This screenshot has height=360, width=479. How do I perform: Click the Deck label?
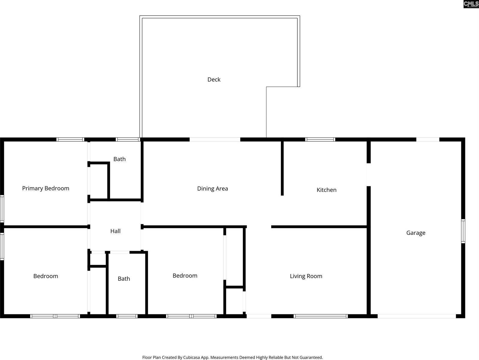214,79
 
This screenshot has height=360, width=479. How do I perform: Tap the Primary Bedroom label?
46,188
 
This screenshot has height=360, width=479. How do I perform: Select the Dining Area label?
213,189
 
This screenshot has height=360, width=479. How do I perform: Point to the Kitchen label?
326,190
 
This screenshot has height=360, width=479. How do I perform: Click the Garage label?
416,233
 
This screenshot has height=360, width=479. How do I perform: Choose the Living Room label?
306,276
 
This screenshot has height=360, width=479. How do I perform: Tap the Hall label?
115,231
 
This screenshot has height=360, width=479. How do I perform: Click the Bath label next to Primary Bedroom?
119,159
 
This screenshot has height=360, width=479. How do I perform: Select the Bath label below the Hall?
124,279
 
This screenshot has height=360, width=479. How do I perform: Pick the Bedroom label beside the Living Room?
185,276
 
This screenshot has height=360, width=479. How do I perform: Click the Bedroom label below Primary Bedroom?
46,276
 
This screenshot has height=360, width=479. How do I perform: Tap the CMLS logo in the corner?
471,4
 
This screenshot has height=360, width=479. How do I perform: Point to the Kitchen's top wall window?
320,139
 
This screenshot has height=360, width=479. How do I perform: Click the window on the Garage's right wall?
463,231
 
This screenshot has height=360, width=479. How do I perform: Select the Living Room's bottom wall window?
320,316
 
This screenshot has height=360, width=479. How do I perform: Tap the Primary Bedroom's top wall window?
70,139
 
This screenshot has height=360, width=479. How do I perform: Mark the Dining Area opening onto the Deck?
215,139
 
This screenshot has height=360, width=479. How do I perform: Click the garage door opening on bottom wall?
417,316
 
